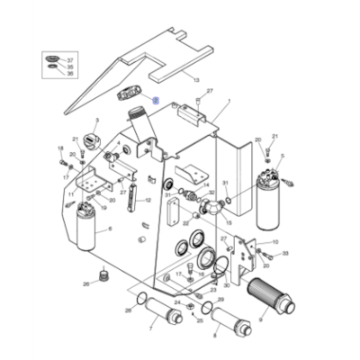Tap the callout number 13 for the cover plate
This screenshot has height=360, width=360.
coord(195,80)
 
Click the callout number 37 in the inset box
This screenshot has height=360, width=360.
coord(72,58)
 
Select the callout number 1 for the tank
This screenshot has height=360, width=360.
coord(229,102)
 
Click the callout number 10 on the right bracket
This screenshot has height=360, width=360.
coord(274,242)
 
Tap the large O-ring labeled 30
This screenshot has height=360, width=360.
coord(218,264)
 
